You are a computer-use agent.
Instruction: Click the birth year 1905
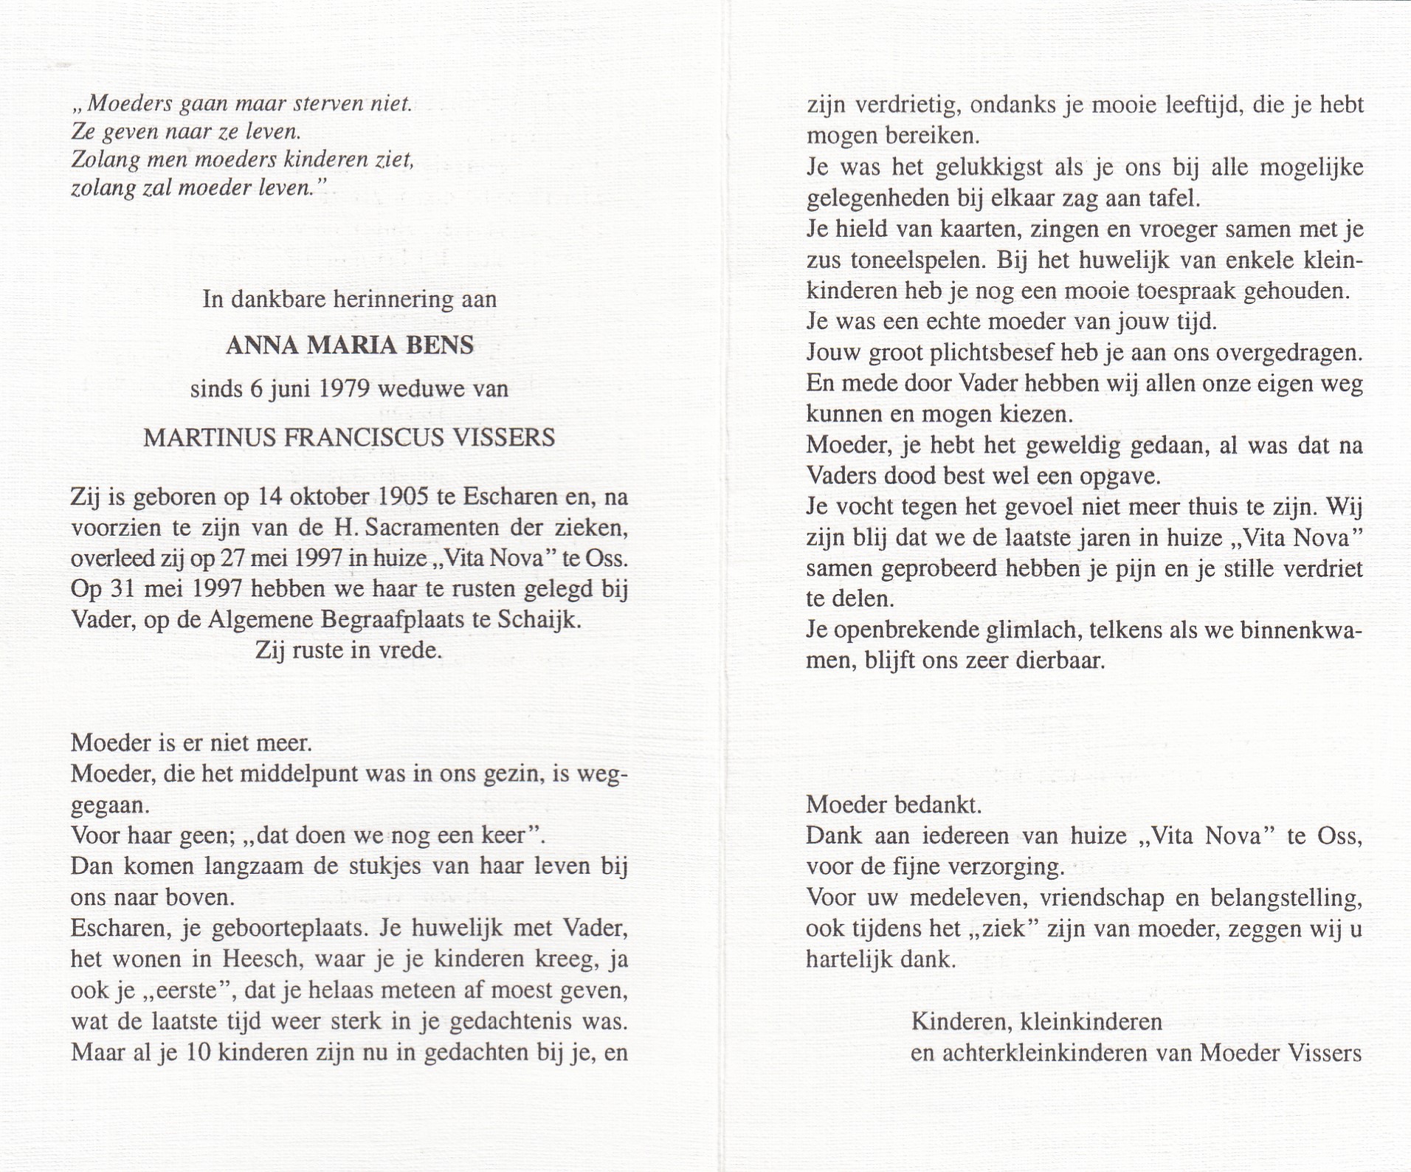[401, 497]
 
